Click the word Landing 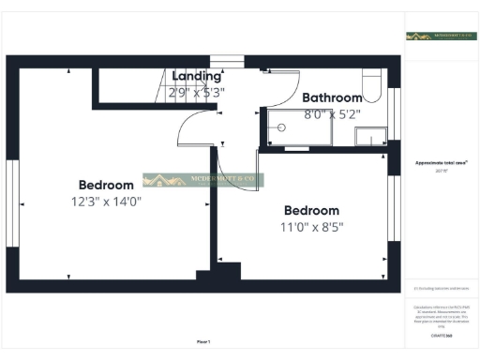pyautogui.click(x=197, y=76)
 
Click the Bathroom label pyautogui.click(x=332, y=97)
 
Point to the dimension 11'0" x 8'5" pyautogui.click(x=311, y=227)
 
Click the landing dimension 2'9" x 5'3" pyautogui.click(x=198, y=93)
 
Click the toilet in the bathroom pyautogui.click(x=372, y=87)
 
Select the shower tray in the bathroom pyautogui.click(x=298, y=127)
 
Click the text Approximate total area pyautogui.click(x=436, y=162)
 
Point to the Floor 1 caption pyautogui.click(x=204, y=341)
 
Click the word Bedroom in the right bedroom pyautogui.click(x=311, y=210)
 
